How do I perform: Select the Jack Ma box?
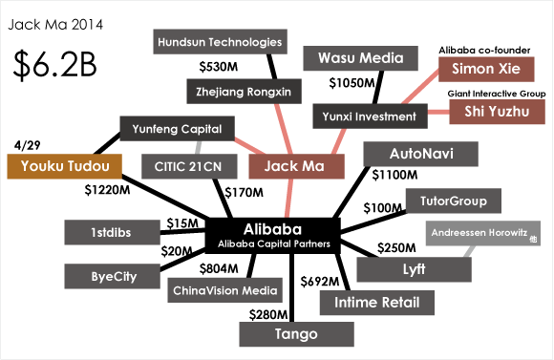coord(296,166)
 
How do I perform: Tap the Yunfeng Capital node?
coord(170,129)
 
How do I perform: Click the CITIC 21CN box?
coord(186,166)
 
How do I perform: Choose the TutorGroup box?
coord(453,201)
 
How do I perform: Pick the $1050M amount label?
coord(352,83)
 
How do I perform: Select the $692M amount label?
coord(320,281)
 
